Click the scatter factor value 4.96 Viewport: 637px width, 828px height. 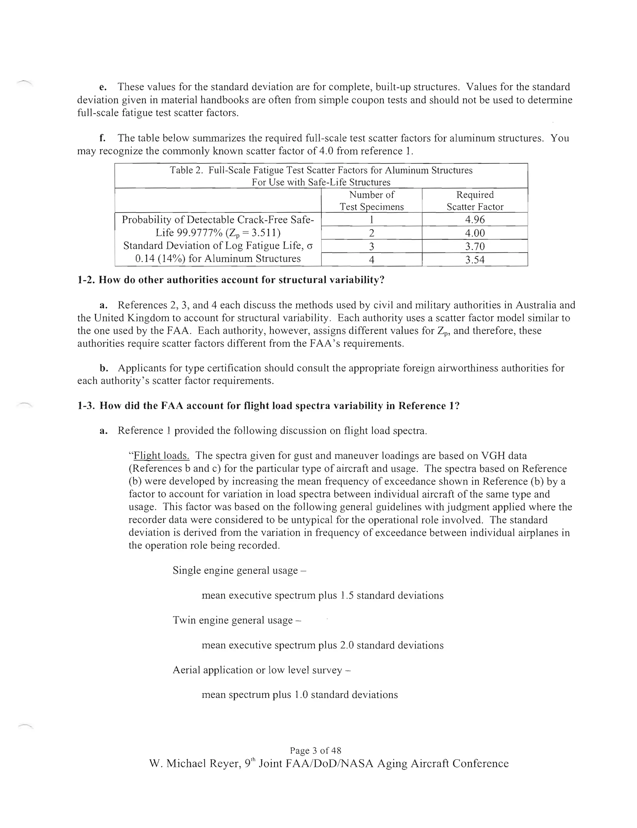(x=475, y=220)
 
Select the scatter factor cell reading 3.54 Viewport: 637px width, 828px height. (x=475, y=260)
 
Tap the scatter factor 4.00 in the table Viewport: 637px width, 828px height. (x=475, y=233)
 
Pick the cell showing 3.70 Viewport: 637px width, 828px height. (x=475, y=246)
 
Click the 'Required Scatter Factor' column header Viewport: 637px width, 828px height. (x=475, y=201)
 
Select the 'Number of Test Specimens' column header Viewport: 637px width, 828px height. (x=372, y=201)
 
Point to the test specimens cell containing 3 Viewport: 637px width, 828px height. (x=372, y=246)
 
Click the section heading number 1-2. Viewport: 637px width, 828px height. (x=86, y=280)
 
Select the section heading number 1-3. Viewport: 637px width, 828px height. (x=86, y=406)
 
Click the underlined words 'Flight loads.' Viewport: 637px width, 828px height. (x=161, y=455)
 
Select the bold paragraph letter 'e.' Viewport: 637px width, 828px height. (x=102, y=87)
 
